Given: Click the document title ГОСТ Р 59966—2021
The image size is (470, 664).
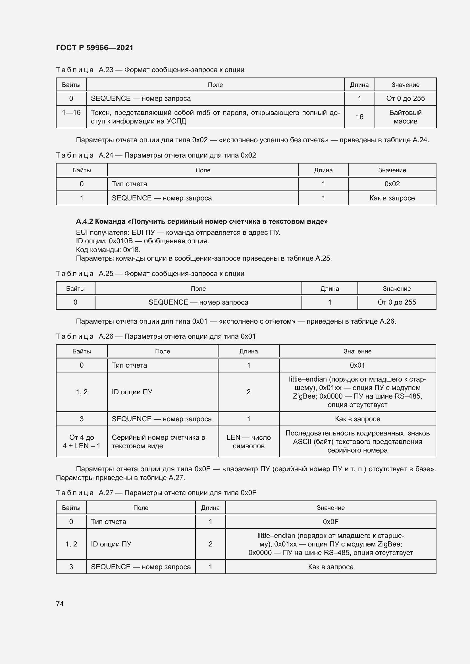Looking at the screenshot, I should (94, 48).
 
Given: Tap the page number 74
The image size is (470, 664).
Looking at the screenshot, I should (60, 604).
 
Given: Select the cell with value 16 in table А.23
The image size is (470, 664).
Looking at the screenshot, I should (359, 117).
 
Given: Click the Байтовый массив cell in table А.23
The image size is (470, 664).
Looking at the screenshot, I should (405, 117).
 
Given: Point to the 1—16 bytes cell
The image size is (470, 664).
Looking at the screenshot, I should (71, 113).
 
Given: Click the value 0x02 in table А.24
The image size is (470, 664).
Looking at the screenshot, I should (392, 184).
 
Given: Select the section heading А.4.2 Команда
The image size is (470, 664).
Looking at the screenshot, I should (202, 221).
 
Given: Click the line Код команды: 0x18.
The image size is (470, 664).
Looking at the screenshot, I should (108, 250).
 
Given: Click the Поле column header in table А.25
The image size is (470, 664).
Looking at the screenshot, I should (198, 289).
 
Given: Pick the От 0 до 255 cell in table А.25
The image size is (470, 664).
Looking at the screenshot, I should (396, 302).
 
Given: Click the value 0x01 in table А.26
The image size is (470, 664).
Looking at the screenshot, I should (357, 365).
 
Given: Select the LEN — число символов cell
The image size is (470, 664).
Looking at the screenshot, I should (249, 442).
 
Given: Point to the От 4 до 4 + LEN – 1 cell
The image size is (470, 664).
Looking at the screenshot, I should (82, 442).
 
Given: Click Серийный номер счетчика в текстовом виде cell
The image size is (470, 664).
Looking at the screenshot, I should (158, 442).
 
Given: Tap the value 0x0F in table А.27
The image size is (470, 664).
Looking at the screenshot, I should (330, 522).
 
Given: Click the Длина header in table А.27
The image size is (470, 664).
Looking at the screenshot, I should (210, 508).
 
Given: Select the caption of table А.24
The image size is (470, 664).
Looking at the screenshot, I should (156, 155).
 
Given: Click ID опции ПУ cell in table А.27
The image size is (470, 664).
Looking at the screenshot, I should (111, 544).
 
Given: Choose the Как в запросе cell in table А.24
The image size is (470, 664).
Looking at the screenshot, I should (392, 198).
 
